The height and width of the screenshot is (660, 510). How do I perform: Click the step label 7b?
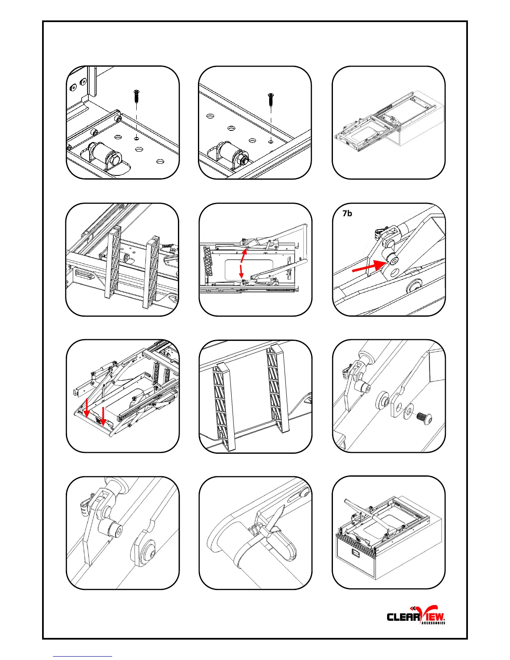tap(347, 213)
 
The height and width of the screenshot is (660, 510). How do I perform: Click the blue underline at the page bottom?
tap(82, 657)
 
